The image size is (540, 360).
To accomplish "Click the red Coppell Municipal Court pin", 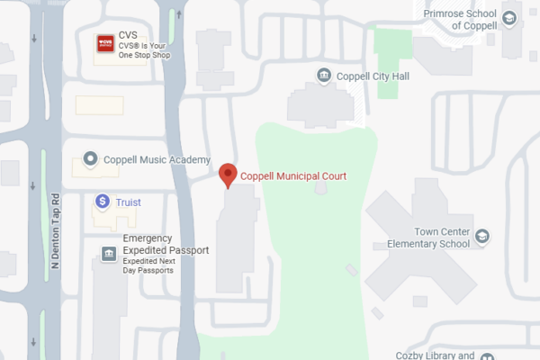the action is pyautogui.click(x=229, y=174).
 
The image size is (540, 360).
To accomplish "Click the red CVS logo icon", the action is pyautogui.click(x=104, y=41).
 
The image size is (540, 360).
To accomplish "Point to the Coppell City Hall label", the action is pyautogui.click(x=372, y=76).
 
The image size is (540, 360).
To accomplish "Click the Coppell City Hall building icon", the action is pyautogui.click(x=324, y=75).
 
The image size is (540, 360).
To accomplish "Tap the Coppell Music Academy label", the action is pyautogui.click(x=157, y=159).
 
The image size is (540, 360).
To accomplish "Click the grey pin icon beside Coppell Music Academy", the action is pyautogui.click(x=90, y=159).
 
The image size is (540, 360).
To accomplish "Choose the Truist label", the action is pyautogui.click(x=128, y=202).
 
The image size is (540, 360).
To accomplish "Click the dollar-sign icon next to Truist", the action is pyautogui.click(x=103, y=201).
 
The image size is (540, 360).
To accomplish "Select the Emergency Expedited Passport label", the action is pyautogui.click(x=166, y=244).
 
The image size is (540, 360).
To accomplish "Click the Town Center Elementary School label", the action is pyautogui.click(x=428, y=237).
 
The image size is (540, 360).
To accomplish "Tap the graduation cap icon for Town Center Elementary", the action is pyautogui.click(x=482, y=236).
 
